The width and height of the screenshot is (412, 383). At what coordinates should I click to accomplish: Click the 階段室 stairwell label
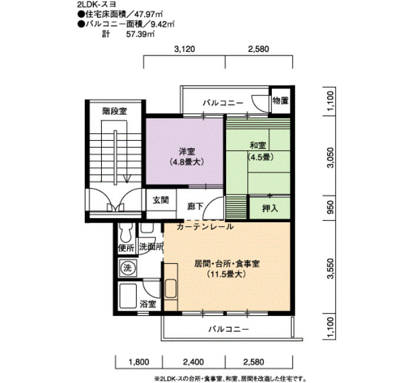115,111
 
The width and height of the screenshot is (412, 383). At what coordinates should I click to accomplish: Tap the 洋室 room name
187,151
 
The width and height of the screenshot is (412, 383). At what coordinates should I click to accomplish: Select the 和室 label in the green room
258,145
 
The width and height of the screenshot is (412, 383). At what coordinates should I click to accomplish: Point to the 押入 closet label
270,209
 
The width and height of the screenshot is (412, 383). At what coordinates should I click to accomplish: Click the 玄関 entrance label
161,200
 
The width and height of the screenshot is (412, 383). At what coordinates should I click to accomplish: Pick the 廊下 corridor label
195,206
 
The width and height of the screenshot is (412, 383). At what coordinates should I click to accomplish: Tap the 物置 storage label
281,101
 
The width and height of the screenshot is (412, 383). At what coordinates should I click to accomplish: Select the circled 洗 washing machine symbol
128,268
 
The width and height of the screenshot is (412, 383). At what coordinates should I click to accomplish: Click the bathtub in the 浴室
128,296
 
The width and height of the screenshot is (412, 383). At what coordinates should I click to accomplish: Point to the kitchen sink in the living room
171,289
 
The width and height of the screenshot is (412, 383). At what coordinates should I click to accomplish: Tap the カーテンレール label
205,226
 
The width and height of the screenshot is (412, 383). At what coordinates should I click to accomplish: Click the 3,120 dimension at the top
185,49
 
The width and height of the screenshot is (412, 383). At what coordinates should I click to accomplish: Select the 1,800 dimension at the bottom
139,362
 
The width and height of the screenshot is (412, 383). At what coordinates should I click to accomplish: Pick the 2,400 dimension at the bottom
193,362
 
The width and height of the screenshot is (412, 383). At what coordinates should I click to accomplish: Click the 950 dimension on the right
330,207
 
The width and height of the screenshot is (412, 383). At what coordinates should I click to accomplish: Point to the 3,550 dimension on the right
330,268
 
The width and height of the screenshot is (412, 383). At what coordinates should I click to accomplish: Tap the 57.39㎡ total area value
140,34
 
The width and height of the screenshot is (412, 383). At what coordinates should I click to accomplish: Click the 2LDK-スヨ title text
97,5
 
